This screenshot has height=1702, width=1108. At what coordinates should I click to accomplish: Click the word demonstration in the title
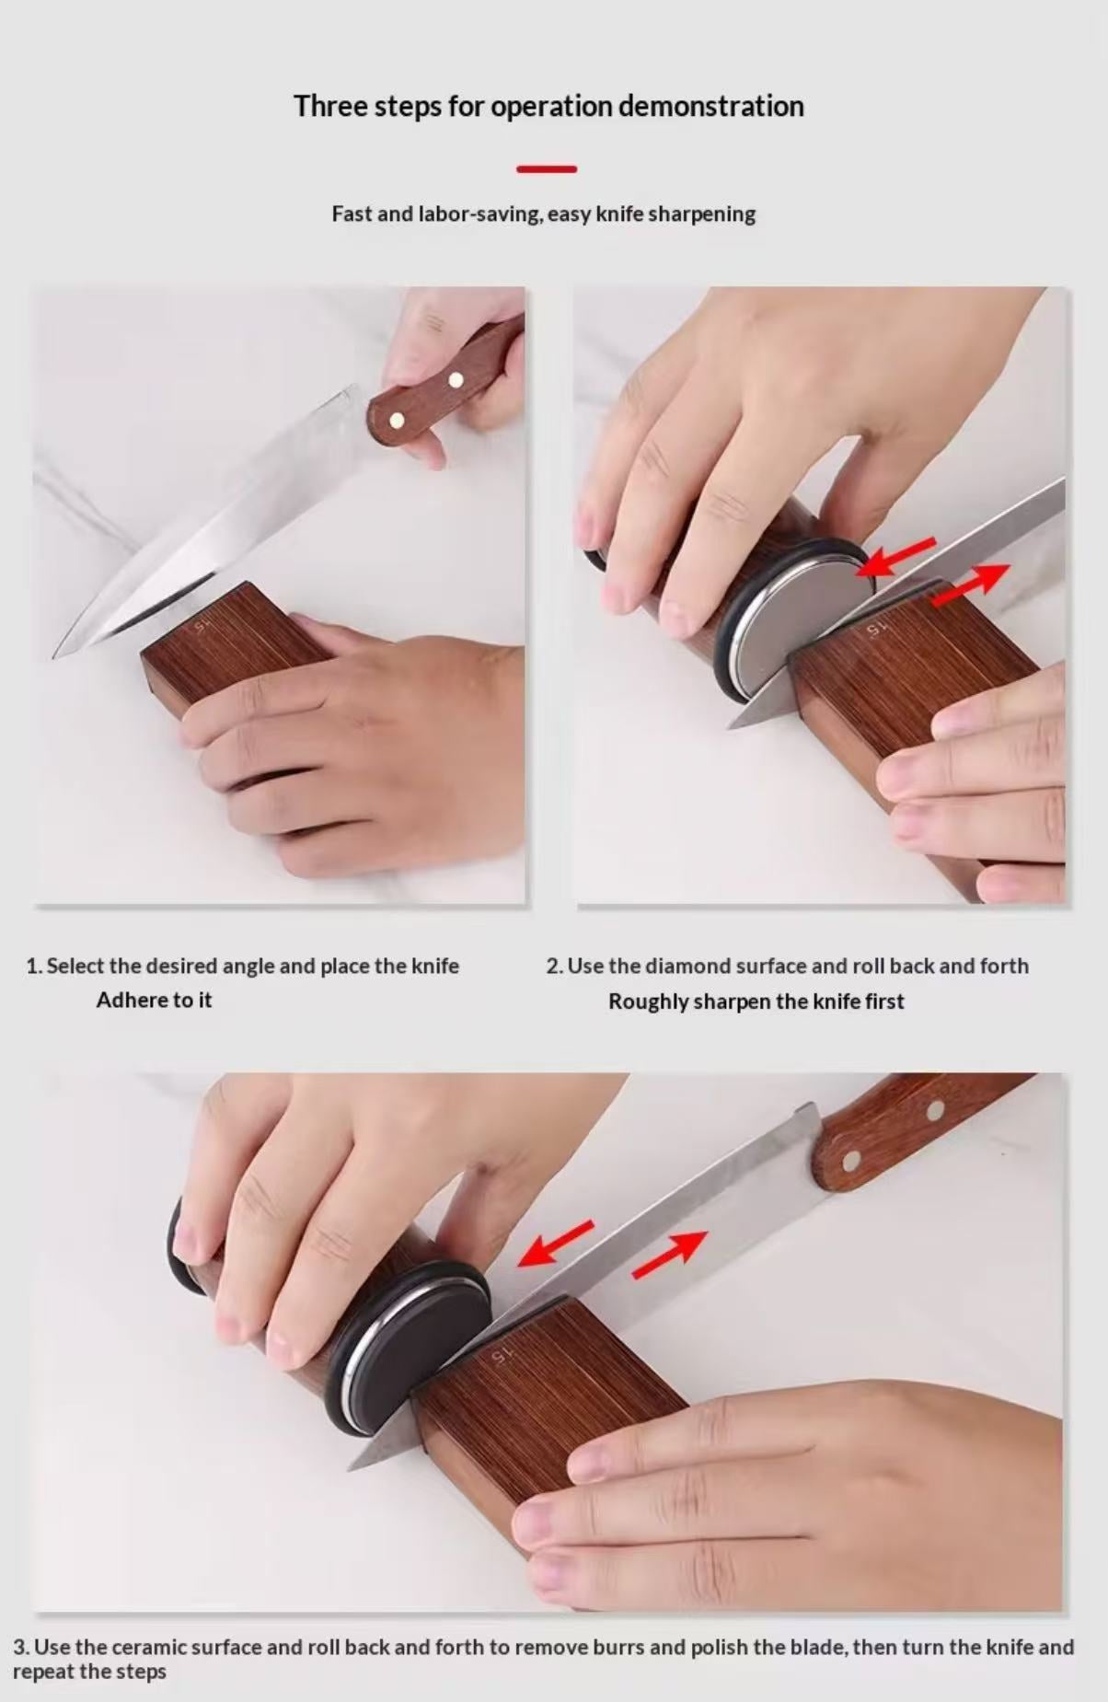click(710, 107)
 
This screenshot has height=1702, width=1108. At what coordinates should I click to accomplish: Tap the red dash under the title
click(547, 169)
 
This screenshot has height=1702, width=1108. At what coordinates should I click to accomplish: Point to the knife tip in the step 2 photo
click(731, 725)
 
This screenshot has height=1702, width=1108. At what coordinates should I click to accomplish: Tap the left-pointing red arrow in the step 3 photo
click(556, 1242)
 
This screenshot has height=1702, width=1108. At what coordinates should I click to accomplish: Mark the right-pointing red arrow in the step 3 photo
click(670, 1255)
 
